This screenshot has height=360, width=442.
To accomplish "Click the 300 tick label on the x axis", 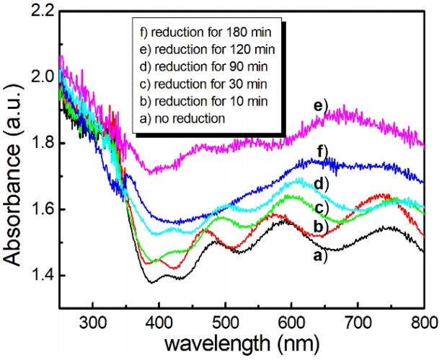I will (93, 321).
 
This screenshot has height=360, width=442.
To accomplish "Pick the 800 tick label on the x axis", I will (422, 321).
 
